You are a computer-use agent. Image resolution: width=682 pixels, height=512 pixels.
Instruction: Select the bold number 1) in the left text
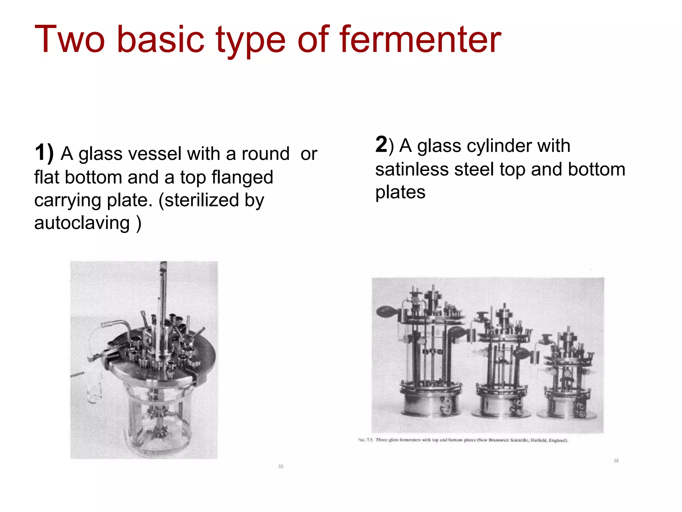pyautogui.click(x=44, y=153)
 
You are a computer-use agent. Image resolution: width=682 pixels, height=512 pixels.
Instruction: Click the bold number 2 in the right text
pyautogui.click(x=381, y=144)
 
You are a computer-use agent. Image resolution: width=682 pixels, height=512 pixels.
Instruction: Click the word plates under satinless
pyautogui.click(x=400, y=192)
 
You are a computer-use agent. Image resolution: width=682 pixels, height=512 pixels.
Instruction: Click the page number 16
pyautogui.click(x=281, y=466)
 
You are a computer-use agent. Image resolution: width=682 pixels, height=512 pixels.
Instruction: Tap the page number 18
pyautogui.click(x=616, y=461)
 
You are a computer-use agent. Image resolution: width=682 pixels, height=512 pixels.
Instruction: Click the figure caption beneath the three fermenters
pyautogui.click(x=463, y=440)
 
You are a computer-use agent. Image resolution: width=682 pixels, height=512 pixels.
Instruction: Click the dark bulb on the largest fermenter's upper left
pyautogui.click(x=387, y=312)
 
